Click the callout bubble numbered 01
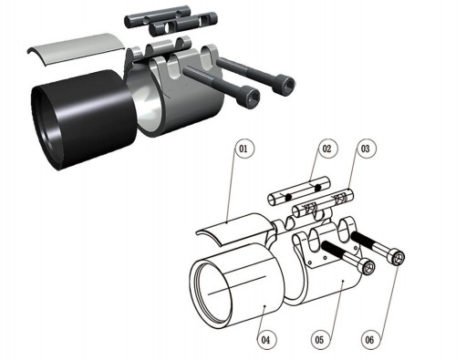243,149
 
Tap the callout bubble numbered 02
327,149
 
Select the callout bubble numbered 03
366,149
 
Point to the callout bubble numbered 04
266,339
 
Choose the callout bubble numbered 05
320,339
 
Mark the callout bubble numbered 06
370,339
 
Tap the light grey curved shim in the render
76,47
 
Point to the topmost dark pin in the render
158,19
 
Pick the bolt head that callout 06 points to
397,257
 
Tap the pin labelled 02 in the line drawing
299,190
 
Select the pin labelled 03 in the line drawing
323,202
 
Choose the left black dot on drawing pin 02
289,198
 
